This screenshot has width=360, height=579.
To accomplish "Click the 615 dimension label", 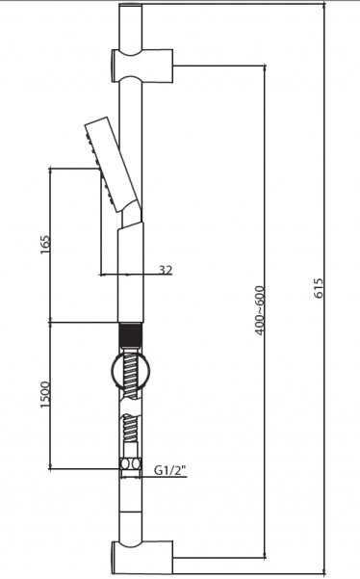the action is point(319,288).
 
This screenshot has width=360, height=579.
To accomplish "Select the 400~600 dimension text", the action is point(260,310).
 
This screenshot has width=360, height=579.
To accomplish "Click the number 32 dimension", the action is point(166,270).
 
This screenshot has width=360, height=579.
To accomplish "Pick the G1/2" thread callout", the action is point(170,470).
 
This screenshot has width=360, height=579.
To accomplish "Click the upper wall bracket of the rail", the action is point(142,66).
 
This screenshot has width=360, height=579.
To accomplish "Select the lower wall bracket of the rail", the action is point(142,557).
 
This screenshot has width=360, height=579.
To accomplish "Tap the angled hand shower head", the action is point(112,165).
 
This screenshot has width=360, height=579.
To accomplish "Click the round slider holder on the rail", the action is point(130,372).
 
